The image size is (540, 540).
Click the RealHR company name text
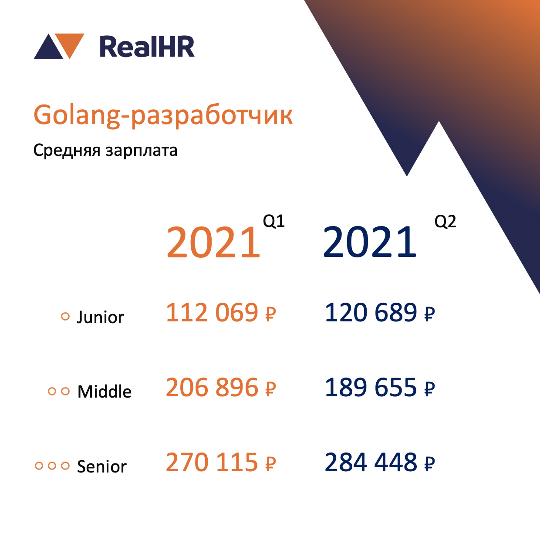pos(147,47)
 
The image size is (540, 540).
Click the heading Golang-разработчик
pos(163,115)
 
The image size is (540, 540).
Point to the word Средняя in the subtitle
pos(67,151)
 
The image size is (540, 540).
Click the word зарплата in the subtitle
pos(141,151)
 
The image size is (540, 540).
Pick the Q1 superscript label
pos(274,221)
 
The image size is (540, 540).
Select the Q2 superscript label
pos(445,222)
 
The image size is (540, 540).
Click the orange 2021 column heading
pos(213,242)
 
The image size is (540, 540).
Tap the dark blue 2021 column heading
pos(370,242)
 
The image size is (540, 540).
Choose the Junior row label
pos(100,317)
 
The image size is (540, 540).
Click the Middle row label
pos(104,392)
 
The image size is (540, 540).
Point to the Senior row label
pos(102,466)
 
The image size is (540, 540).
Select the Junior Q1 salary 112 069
pos(221,312)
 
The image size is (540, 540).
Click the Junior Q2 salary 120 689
pos(380,312)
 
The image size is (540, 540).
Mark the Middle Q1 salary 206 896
pos(221,387)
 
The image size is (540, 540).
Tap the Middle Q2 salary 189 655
pos(380,387)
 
